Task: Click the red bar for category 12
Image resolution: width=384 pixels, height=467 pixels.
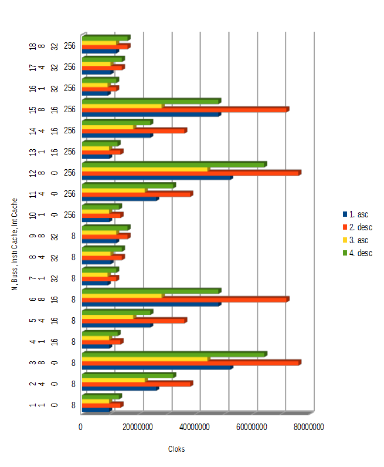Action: (x=191, y=173)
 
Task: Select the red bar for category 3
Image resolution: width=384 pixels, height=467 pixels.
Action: (x=191, y=363)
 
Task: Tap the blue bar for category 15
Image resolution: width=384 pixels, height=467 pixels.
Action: (x=151, y=114)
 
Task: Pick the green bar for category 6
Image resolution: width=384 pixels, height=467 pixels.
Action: (x=151, y=291)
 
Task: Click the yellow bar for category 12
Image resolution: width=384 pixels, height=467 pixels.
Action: (x=145, y=169)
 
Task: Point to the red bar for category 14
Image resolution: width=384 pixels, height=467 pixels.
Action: (x=134, y=130)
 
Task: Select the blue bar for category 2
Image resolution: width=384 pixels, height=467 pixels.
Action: (x=120, y=388)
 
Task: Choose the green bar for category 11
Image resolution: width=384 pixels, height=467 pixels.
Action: (x=128, y=186)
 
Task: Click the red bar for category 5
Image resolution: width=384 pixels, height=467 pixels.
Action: (x=134, y=321)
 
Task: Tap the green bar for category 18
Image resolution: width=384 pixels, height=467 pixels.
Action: (x=105, y=38)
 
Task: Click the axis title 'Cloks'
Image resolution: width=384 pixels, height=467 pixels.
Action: (x=176, y=449)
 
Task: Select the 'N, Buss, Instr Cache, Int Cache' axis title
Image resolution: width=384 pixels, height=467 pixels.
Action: (x=14, y=244)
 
